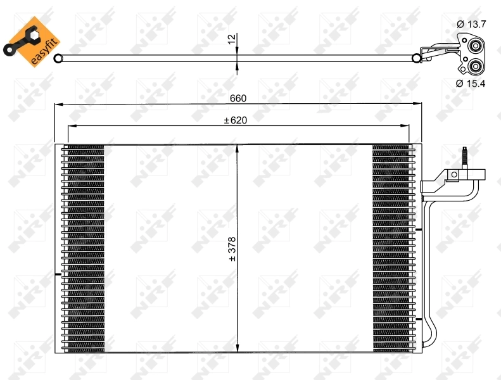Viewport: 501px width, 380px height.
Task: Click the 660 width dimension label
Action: coord(238,98)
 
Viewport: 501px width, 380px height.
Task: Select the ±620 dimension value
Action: coord(235,120)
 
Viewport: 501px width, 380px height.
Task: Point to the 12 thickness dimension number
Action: coord(231,39)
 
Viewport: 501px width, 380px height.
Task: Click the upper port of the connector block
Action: coord(474,46)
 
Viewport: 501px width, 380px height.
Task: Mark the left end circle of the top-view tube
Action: coord(58,59)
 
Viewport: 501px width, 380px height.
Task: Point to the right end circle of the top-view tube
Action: coord(416,59)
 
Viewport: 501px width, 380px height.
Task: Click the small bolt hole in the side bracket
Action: coord(453,175)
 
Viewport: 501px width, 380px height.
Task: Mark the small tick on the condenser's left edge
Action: coord(58,274)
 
